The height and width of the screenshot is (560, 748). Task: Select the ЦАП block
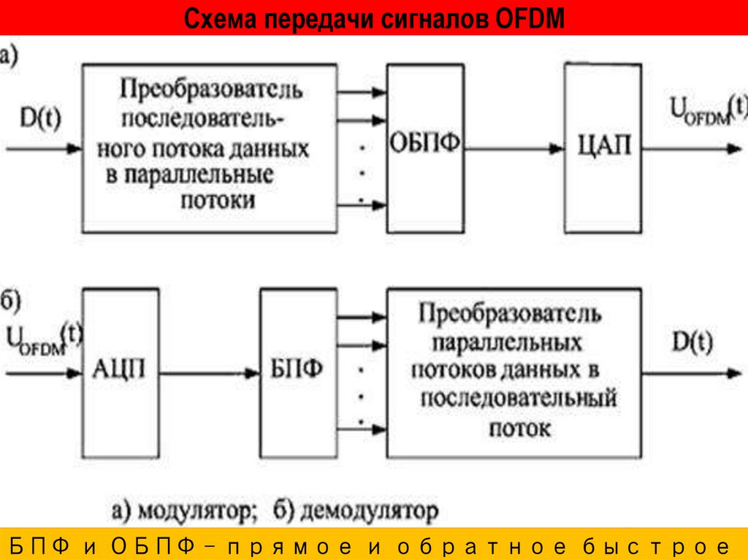click(602, 146)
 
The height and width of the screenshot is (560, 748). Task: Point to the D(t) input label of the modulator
click(40, 118)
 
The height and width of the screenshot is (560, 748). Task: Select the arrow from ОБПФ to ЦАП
click(514, 149)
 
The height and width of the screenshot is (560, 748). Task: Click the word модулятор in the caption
click(196, 510)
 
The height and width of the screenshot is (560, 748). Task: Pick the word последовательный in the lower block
click(519, 399)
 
